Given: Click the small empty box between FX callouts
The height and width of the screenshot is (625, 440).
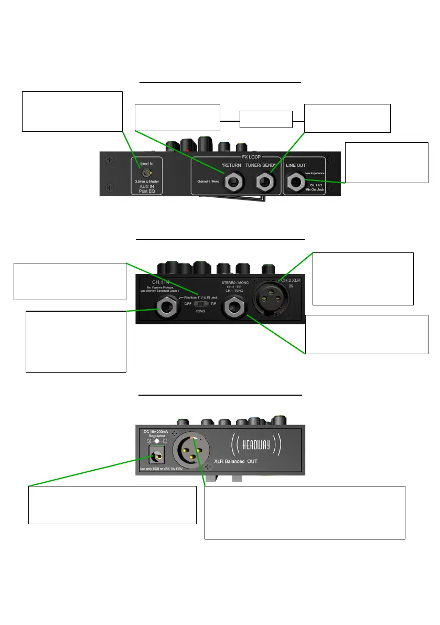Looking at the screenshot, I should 266,120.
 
